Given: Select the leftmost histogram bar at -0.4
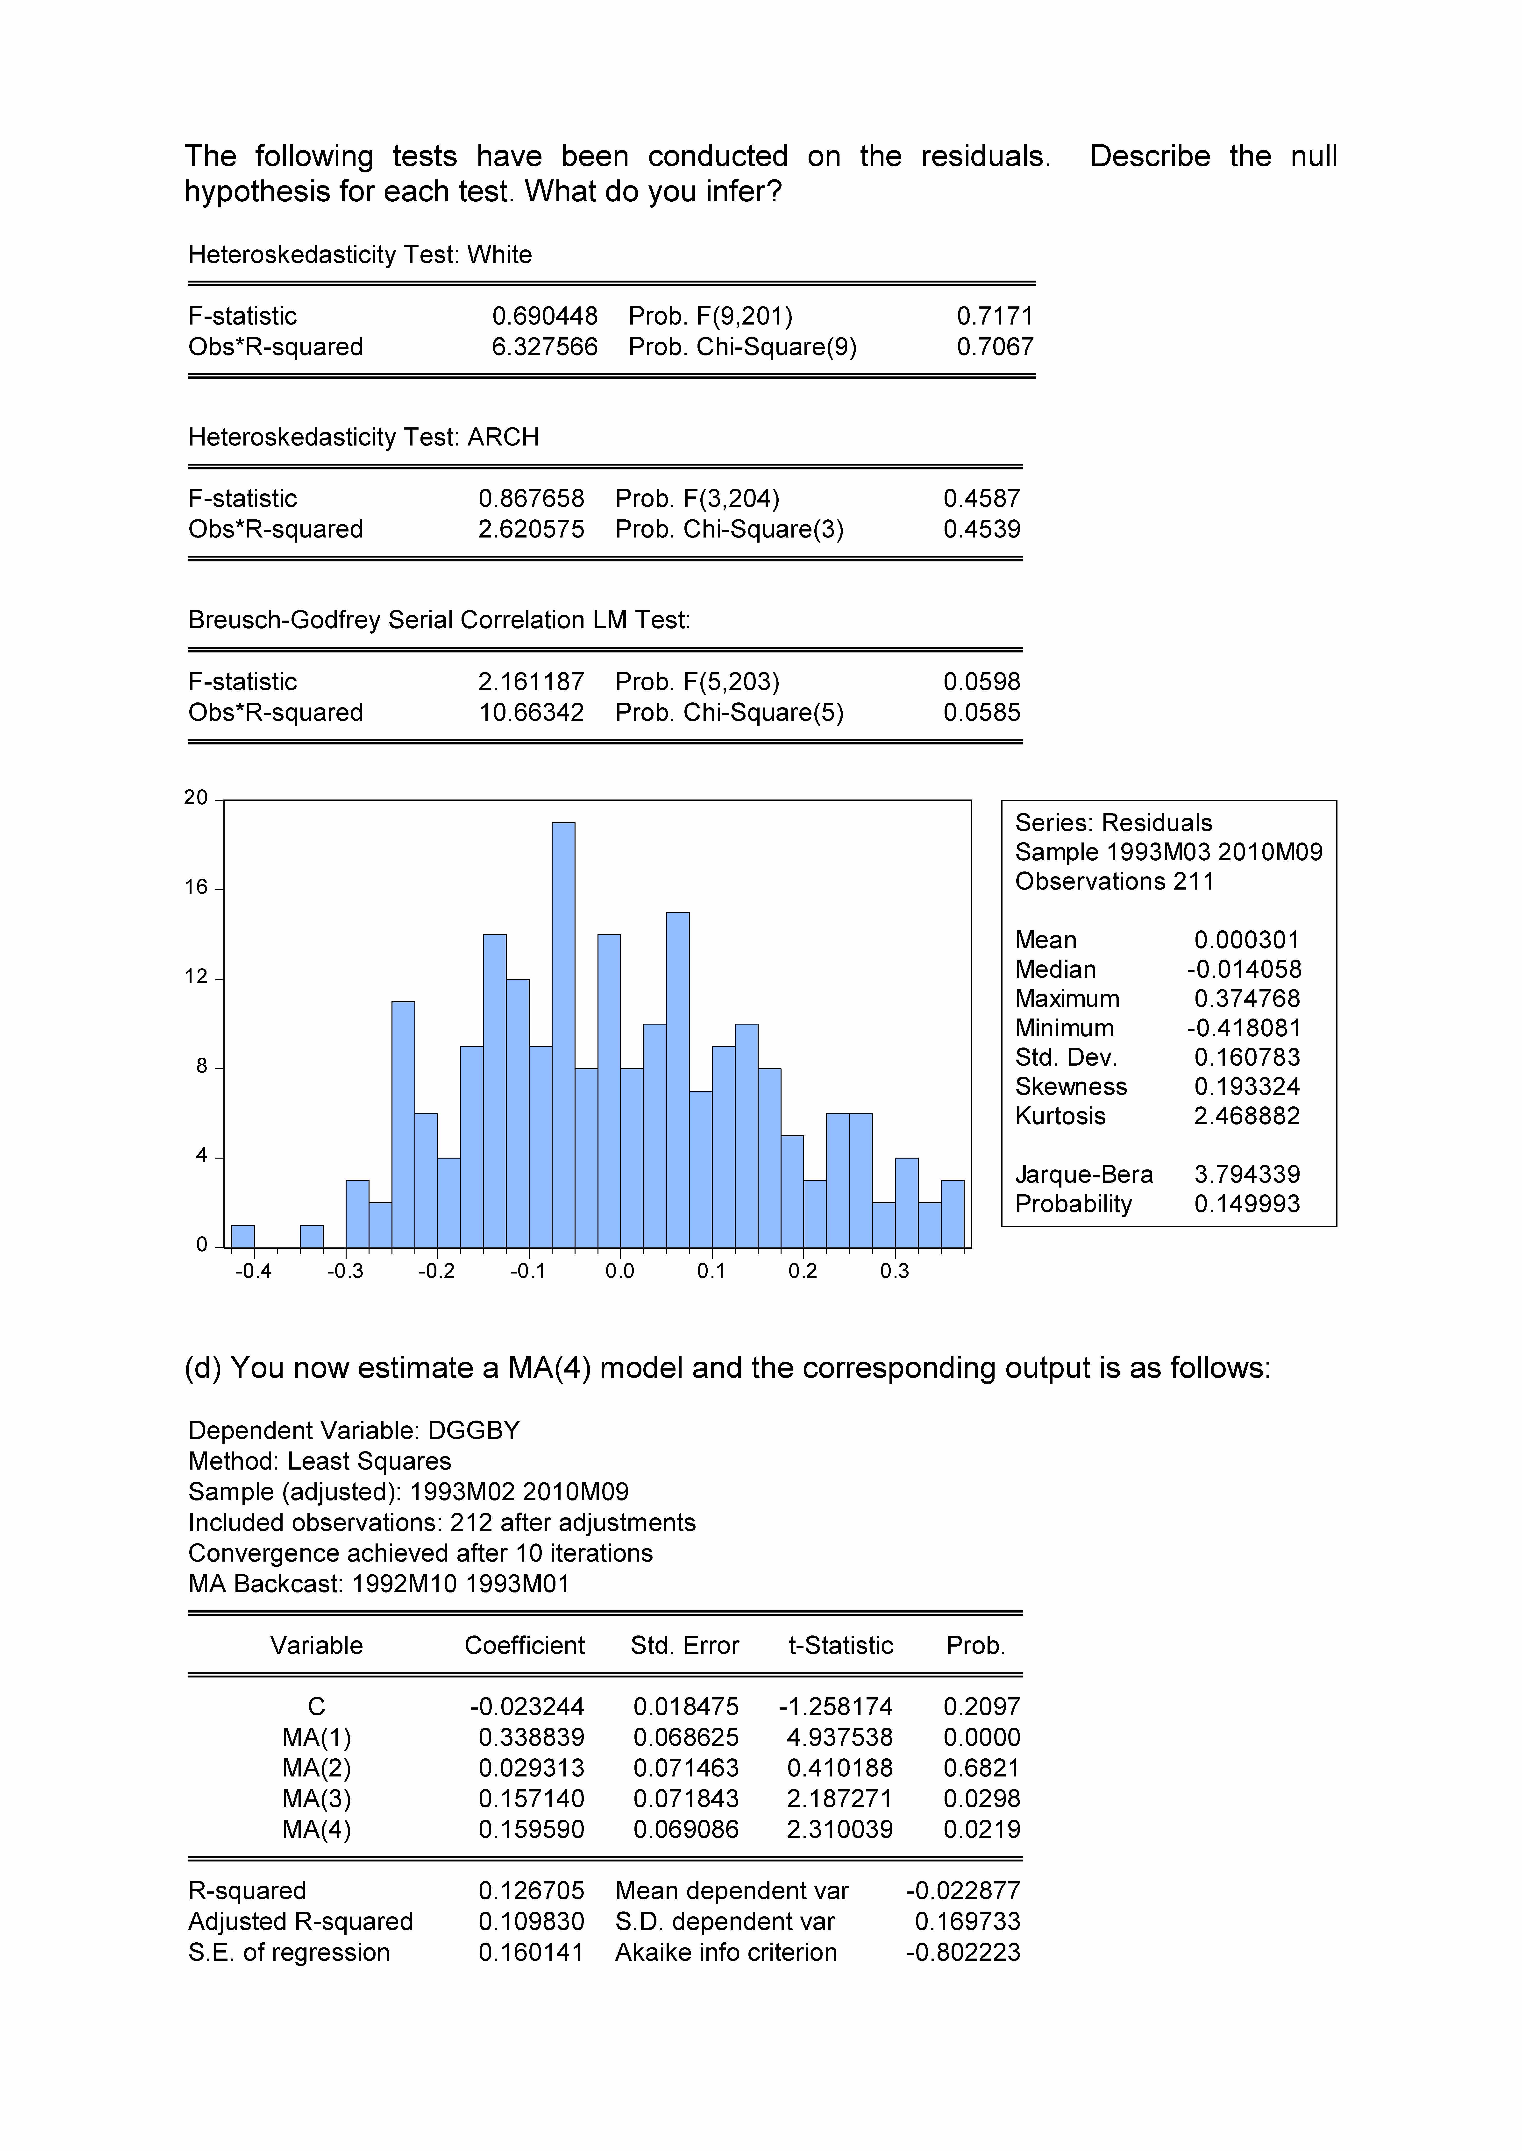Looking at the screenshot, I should [243, 1237].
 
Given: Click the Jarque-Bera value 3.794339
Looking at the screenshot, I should [1246, 1175].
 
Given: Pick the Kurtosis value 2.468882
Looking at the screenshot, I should [1246, 1116].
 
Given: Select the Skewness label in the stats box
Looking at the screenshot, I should [1070, 1087].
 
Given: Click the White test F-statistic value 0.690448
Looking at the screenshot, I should [545, 317].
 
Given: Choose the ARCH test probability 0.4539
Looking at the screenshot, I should [981, 529].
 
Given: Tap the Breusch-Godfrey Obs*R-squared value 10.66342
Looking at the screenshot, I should [531, 713].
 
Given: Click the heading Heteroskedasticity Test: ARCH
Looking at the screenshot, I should [364, 438].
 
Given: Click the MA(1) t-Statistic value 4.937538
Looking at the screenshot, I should [840, 1738].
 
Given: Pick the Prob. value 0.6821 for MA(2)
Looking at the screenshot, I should [981, 1769].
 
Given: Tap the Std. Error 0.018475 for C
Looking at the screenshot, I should [686, 1707].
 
